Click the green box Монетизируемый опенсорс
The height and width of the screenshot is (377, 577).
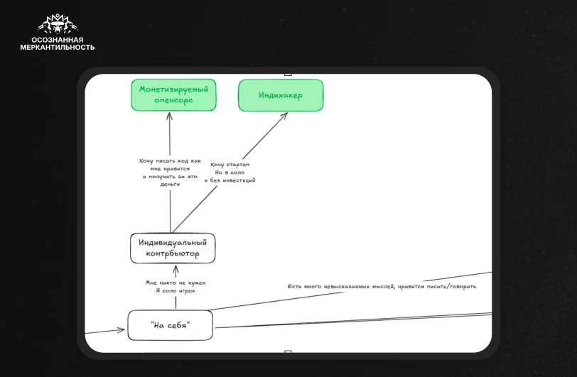173,95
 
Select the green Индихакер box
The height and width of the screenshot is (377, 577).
281,95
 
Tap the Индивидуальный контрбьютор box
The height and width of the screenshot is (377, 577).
173,248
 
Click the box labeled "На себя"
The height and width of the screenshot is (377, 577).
170,325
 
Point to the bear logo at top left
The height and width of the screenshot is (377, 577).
58,24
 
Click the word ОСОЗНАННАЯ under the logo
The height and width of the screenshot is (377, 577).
58,40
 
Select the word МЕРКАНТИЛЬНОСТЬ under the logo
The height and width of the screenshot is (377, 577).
58,47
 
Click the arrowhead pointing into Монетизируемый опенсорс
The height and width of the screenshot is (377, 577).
169,116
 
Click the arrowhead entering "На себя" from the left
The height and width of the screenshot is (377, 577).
122,330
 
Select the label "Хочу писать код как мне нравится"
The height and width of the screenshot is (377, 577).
170,165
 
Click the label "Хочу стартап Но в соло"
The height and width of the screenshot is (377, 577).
230,168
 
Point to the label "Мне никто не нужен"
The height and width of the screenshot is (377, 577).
176,283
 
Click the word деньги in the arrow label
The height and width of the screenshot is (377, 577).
170,185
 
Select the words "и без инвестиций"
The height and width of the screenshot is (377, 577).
230,180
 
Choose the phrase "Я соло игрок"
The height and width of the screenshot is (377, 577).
176,290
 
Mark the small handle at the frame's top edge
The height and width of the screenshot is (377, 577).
288,75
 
